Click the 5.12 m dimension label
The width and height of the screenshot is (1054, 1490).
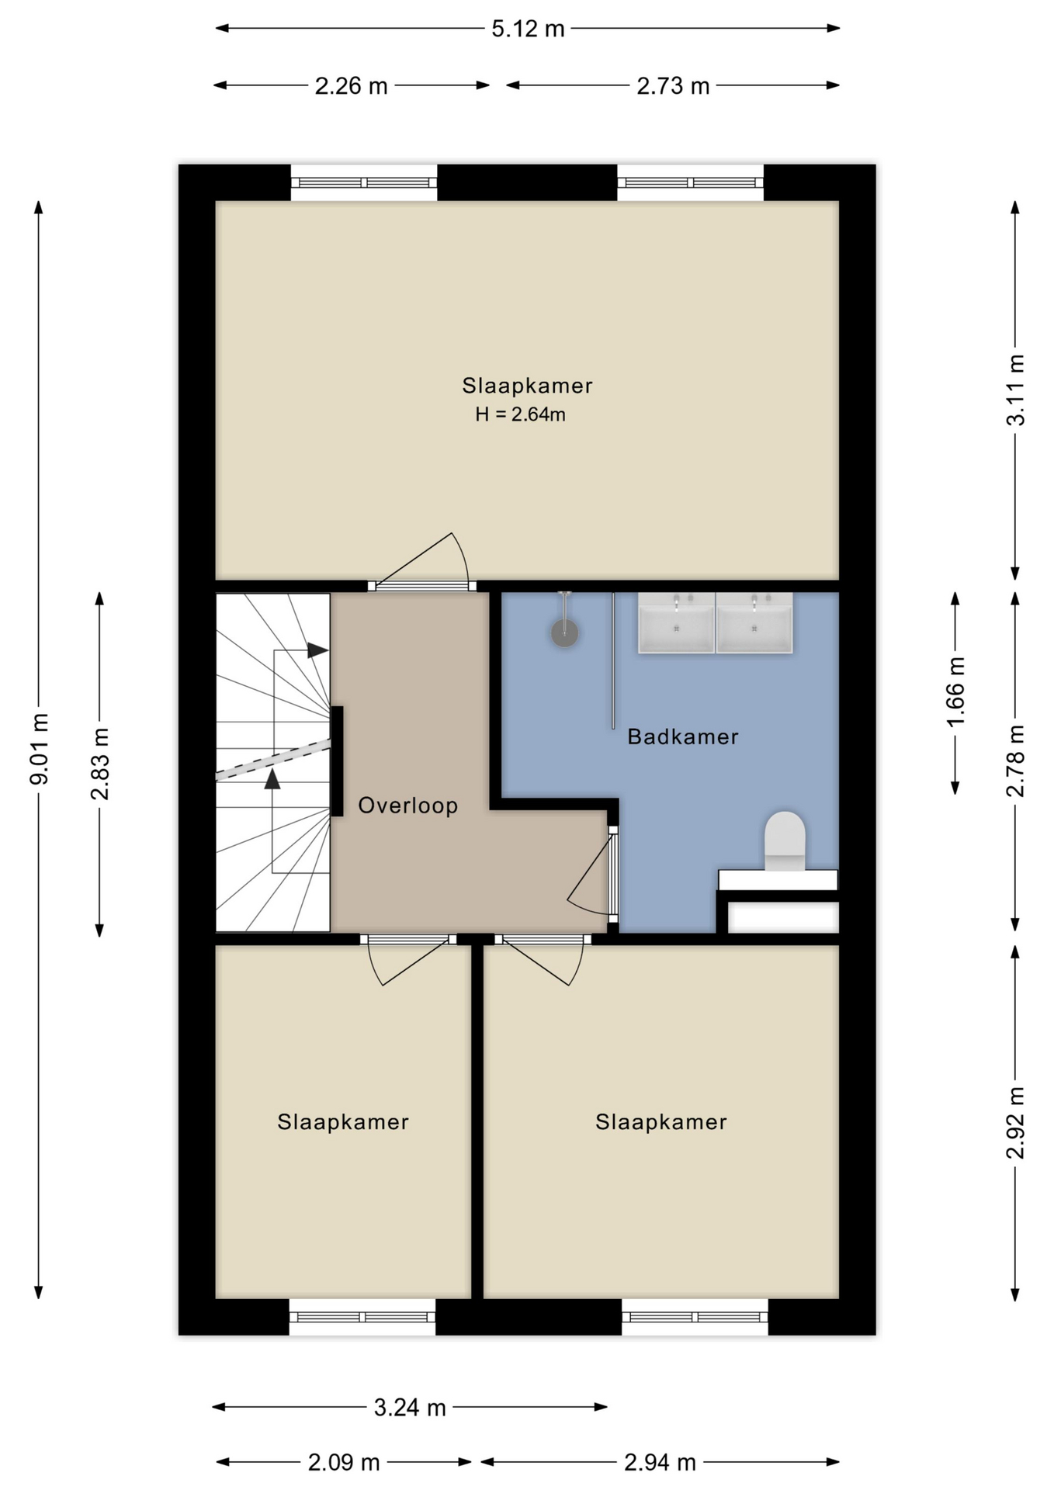(x=527, y=29)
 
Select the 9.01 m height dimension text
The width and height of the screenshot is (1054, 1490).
(x=40, y=748)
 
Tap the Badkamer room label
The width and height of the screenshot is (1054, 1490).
(x=682, y=736)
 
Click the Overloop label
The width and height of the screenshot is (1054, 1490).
(x=407, y=806)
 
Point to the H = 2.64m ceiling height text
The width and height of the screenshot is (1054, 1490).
(x=520, y=414)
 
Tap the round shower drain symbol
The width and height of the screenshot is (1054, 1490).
(x=564, y=633)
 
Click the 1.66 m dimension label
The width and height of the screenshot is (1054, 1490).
(x=955, y=691)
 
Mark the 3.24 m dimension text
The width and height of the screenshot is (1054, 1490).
(x=409, y=1407)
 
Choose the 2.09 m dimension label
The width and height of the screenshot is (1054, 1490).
(x=344, y=1462)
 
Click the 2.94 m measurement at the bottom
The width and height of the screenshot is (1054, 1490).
(x=660, y=1462)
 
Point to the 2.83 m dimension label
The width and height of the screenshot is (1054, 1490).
(x=100, y=764)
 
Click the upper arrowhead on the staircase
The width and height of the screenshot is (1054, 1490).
(x=317, y=650)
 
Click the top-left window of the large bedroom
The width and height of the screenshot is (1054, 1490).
(x=363, y=183)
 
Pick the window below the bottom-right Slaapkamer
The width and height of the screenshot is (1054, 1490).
(x=695, y=1316)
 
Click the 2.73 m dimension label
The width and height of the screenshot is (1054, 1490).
(x=673, y=86)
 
